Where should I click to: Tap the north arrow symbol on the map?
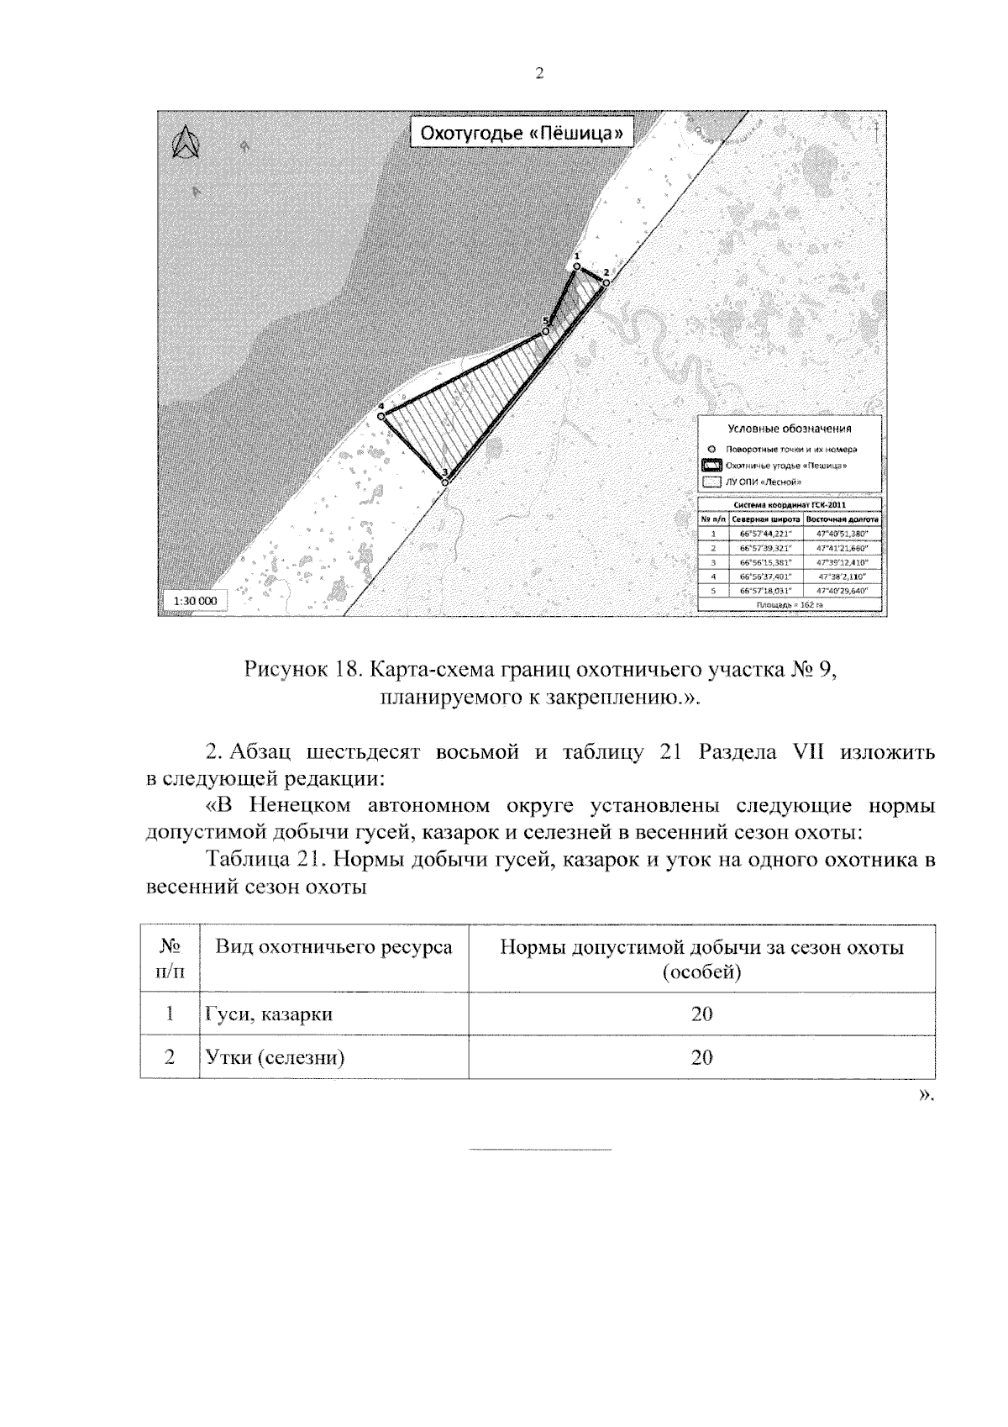click(183, 143)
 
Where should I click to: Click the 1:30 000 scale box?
click(195, 601)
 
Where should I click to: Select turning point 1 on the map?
click(576, 266)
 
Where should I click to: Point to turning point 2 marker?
click(605, 282)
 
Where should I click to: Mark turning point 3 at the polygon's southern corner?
click(445, 482)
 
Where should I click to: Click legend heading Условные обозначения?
click(789, 429)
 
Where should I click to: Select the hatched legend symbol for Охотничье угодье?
click(712, 466)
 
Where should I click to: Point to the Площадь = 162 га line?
click(789, 604)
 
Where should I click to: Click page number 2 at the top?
click(538, 73)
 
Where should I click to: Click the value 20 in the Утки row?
click(701, 1057)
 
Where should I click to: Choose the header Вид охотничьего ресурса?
click(334, 948)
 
